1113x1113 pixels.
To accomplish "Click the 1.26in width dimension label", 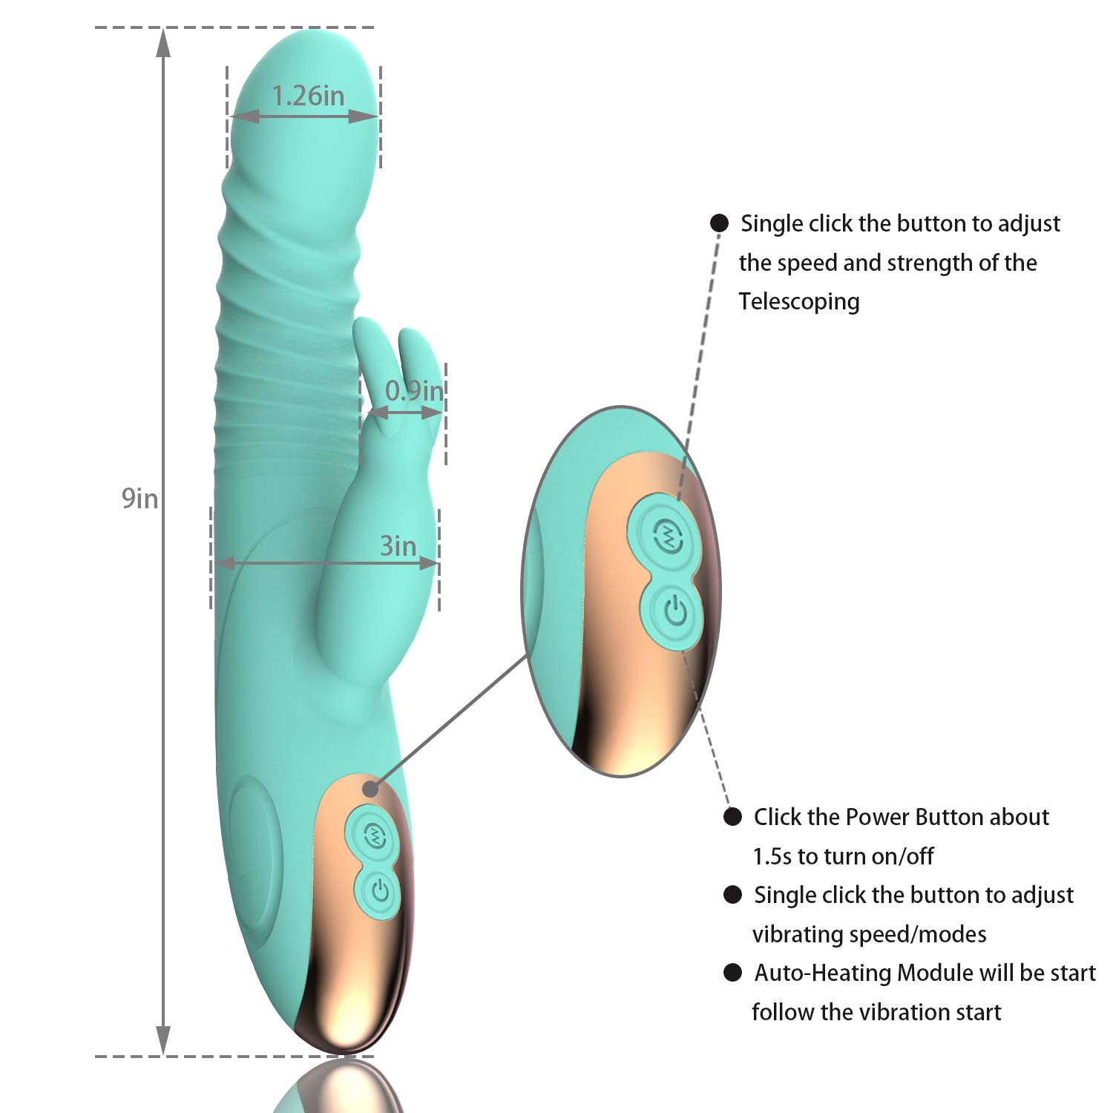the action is (x=308, y=96).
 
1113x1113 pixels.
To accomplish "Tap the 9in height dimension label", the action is (x=139, y=499).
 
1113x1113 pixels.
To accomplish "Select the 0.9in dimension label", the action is (x=414, y=390).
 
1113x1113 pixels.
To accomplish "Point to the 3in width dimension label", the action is (x=398, y=546).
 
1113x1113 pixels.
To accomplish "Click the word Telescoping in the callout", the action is (x=799, y=301).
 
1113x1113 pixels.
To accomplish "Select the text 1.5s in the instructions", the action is (x=772, y=856).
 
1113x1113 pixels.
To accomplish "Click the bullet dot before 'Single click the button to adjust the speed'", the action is (x=719, y=223).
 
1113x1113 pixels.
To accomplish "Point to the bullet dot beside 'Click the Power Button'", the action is (x=732, y=817).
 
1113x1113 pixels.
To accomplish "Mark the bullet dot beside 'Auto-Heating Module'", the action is (x=732, y=973).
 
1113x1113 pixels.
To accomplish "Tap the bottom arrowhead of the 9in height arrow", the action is (x=163, y=1040).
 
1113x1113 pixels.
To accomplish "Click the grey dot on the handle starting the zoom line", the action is (x=370, y=789).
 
